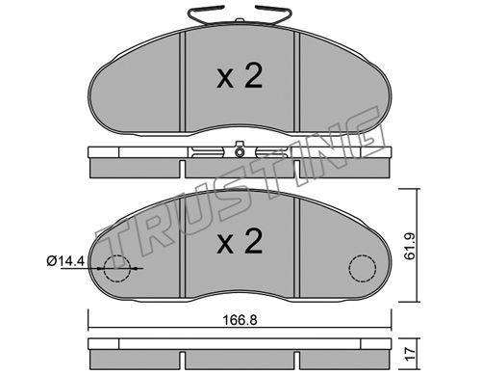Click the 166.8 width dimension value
pos(240,320)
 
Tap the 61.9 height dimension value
pos(410,247)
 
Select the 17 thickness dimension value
pos(411,354)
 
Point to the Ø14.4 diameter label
pos(65,261)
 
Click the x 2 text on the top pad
pos(240,76)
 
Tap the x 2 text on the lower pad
pos(240,241)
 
